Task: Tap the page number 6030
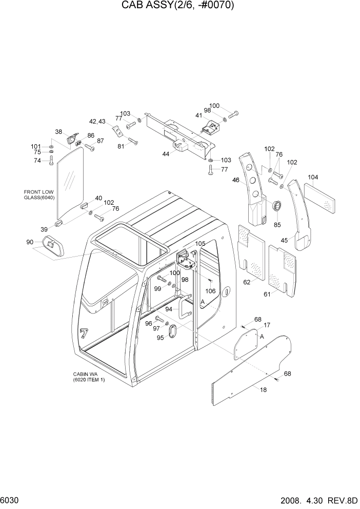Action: [x=11, y=500]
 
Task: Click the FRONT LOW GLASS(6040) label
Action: [x=39, y=195]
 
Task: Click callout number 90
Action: [x=29, y=242]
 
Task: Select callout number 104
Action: [x=313, y=178]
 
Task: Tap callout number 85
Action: [x=278, y=224]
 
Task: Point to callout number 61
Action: [x=267, y=294]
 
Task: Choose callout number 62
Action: [x=247, y=282]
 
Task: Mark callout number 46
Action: [x=236, y=180]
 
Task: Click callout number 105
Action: [x=200, y=243]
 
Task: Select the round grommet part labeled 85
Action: [x=276, y=207]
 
